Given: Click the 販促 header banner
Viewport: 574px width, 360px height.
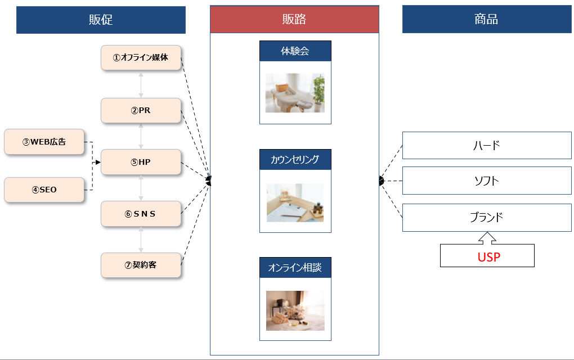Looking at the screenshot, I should click(x=101, y=20).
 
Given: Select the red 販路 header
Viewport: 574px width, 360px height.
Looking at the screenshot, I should click(x=294, y=20).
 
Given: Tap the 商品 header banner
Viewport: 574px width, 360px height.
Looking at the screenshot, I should click(x=486, y=20).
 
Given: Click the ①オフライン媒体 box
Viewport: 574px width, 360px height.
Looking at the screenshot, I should click(x=141, y=57).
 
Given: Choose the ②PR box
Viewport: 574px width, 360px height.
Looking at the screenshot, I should click(x=141, y=110).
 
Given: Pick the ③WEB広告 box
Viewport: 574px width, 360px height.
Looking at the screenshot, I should click(x=44, y=142).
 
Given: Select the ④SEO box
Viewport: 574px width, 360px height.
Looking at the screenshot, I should click(x=44, y=190).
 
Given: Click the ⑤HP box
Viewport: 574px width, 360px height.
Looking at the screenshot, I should click(x=141, y=162).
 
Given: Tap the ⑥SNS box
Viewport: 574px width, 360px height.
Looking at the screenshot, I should click(x=141, y=213).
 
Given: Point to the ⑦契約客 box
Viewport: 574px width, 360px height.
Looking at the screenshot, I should click(x=141, y=265).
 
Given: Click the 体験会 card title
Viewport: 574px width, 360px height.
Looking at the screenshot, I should click(x=295, y=51).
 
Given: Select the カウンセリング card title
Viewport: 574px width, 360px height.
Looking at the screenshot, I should click(x=295, y=160).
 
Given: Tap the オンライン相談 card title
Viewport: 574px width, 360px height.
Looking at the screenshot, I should click(x=295, y=268).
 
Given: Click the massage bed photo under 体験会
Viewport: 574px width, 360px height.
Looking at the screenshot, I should click(x=295, y=93).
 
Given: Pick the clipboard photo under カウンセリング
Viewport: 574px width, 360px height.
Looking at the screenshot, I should click(x=295, y=202).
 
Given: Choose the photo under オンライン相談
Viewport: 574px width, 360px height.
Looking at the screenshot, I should click(x=295, y=310).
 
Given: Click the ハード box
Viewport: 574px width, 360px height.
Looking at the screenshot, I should click(x=487, y=146).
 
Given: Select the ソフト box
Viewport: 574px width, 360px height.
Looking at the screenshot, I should click(x=487, y=181).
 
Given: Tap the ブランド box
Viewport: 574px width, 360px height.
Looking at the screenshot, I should click(x=487, y=218).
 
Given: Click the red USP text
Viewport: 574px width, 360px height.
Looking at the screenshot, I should click(x=487, y=258).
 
